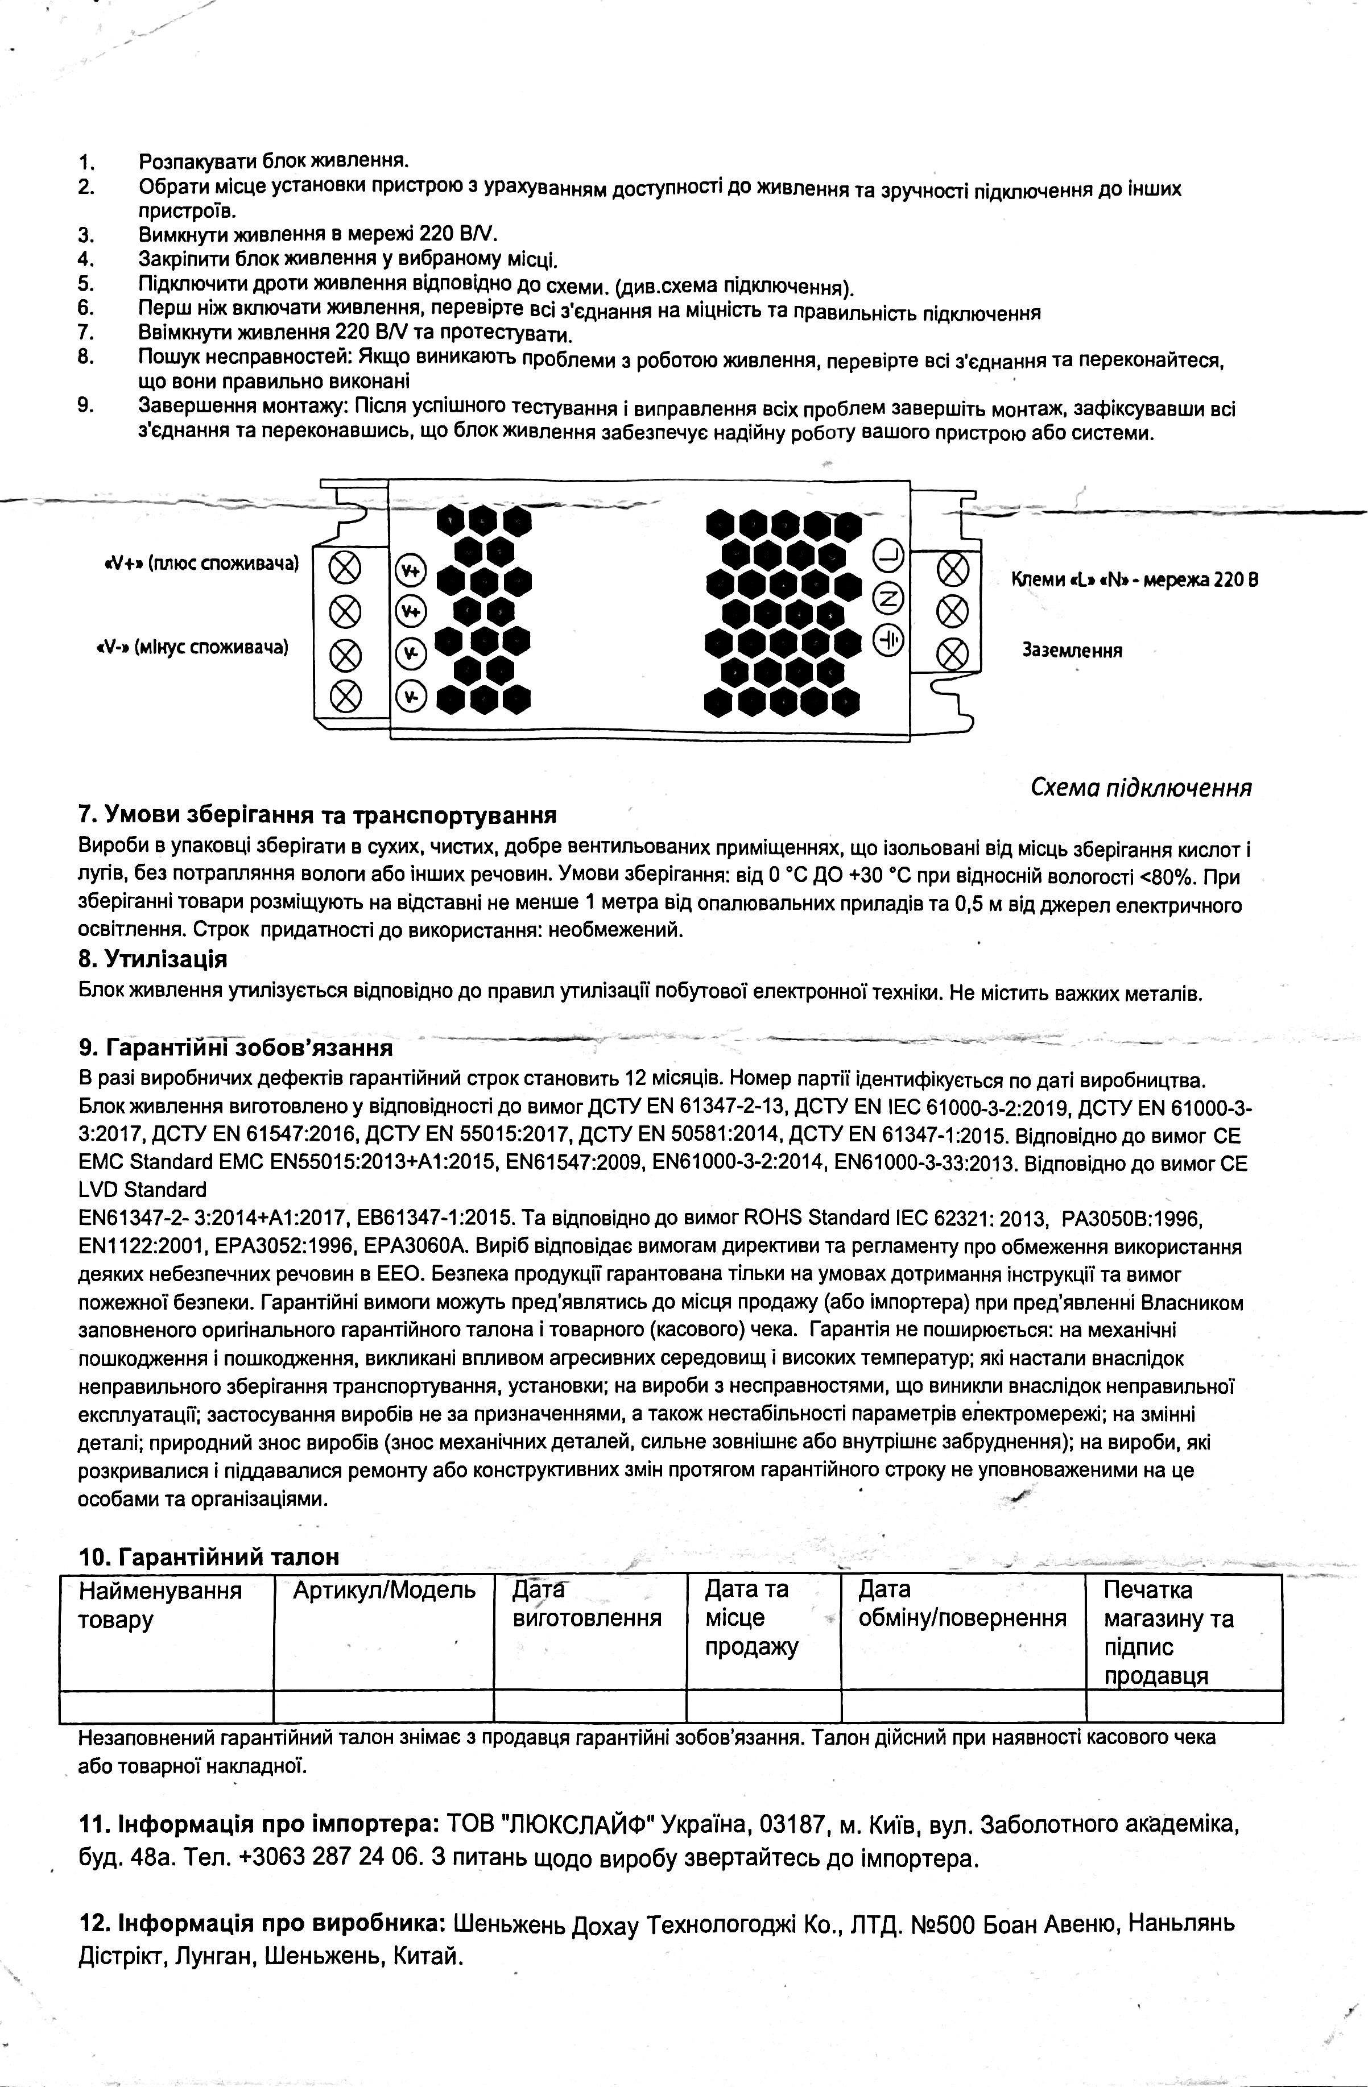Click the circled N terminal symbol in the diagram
coord(888,599)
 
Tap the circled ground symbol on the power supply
coord(888,640)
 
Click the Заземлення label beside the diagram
coord(1072,651)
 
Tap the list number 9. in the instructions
coord(86,406)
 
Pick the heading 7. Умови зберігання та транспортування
coord(317,815)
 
